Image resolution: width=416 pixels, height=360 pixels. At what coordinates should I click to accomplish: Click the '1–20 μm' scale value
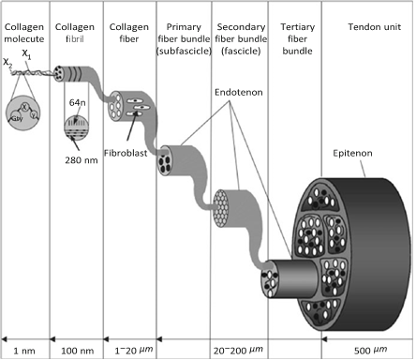pyautogui.click(x=126, y=349)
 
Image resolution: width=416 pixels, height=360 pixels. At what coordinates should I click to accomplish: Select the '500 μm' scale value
pyautogui.click(x=367, y=349)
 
